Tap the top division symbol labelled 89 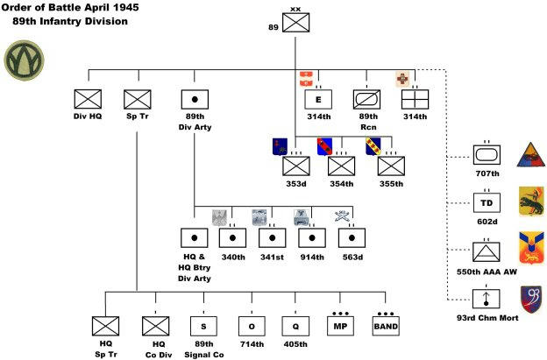pos(297,26)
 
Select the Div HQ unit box pos(88,98)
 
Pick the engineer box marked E pos(318,98)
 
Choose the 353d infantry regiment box pos(295,165)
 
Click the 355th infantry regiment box pos(391,165)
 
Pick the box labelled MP pos(343,326)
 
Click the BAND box pos(385,326)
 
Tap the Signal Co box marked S pos(204,326)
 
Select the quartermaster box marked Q pos(295,326)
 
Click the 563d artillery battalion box pos(351,236)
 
